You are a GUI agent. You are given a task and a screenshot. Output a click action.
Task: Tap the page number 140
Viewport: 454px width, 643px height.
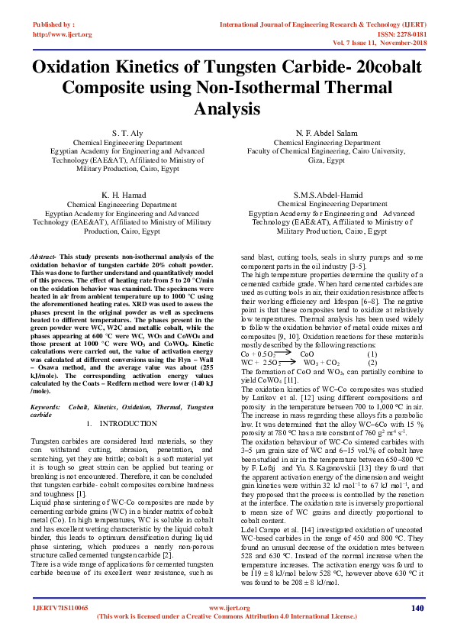coord(417,608)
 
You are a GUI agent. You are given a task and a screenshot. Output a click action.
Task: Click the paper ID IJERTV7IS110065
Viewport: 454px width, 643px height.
coord(60,608)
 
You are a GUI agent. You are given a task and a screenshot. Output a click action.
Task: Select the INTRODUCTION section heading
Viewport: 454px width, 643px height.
coord(128,422)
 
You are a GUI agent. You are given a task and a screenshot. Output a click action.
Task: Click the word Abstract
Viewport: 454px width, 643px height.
coord(43,257)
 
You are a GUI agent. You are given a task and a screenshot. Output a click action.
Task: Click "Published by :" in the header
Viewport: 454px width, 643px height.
coord(53,24)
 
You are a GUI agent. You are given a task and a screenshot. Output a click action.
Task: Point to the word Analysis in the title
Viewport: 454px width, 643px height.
coord(227,109)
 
